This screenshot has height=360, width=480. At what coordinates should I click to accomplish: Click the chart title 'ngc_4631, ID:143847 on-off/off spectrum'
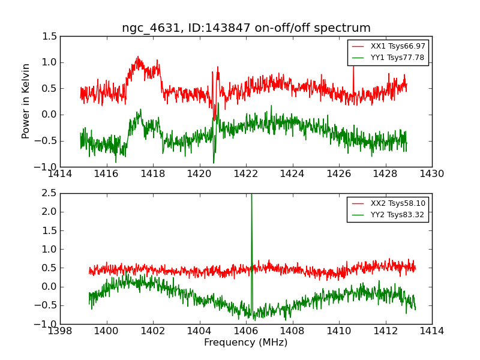click(246, 28)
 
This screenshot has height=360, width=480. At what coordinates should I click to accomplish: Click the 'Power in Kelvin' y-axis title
click(26, 101)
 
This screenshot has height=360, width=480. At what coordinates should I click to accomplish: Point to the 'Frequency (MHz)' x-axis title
click(246, 343)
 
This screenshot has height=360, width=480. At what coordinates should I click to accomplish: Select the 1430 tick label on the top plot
click(431, 174)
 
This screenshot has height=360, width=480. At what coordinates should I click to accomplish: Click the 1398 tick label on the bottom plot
click(60, 331)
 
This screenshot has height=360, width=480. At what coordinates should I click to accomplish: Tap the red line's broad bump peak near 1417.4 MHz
click(138, 59)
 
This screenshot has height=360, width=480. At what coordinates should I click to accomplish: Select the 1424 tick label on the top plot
click(292, 174)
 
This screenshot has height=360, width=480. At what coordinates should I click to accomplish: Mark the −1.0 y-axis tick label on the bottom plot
click(48, 324)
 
